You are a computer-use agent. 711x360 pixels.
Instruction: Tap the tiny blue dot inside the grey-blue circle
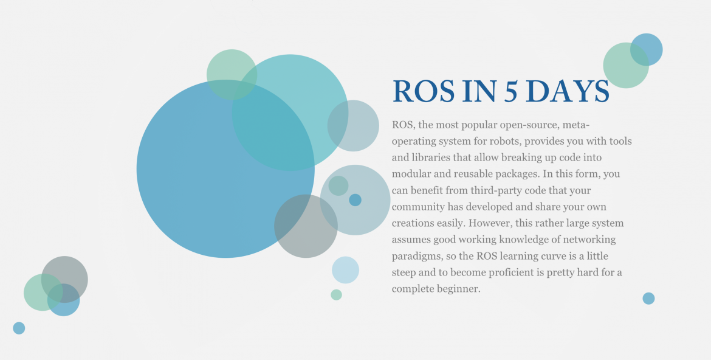click(355, 199)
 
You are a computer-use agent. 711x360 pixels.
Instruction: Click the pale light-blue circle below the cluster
click(346, 270)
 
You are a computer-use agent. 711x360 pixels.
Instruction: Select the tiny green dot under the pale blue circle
click(337, 294)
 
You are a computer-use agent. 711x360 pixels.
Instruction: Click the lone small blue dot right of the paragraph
click(648, 298)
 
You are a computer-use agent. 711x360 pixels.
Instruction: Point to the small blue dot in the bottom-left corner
click(19, 328)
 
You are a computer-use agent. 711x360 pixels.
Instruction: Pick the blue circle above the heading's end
click(647, 49)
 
